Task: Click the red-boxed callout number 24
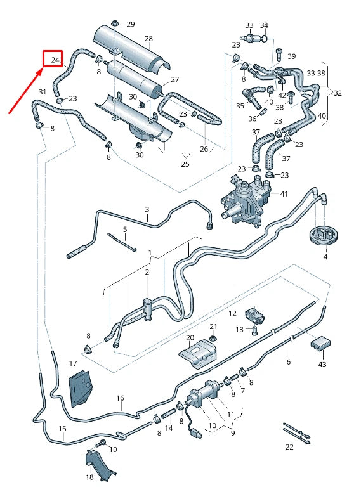click(54, 60)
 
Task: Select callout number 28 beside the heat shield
click(148, 39)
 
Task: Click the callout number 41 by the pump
click(284, 193)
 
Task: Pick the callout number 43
click(322, 365)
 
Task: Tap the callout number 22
click(290, 446)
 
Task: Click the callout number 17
click(73, 364)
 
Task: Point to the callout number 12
click(232, 313)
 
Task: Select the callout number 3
click(147, 209)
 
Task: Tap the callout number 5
click(125, 229)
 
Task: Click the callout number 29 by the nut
click(131, 24)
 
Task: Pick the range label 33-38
click(315, 73)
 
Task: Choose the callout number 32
click(338, 93)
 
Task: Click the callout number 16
click(120, 398)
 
